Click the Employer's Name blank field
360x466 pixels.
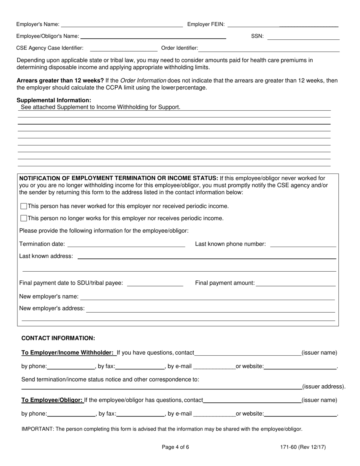pos(122,25)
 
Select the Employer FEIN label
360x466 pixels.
pos(206,25)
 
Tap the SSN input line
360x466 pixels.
pos(303,37)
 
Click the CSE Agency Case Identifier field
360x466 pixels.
pos(123,48)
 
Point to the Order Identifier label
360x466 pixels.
pos(180,48)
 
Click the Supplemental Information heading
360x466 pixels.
pos(54,100)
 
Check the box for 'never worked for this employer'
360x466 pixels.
pos(23,206)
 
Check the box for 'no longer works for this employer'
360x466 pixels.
pos(23,218)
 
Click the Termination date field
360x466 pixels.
pos(126,244)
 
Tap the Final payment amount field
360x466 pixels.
pos(296,283)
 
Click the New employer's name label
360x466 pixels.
pos(49,296)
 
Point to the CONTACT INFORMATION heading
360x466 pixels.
pos(58,338)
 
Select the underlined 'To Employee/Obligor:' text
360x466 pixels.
pos(52,400)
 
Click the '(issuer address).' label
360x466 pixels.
pos(324,387)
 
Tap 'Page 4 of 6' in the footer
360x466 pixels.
pos(175,447)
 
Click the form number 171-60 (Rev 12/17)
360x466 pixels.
pos(303,447)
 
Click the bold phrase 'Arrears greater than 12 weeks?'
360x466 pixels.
pos(60,81)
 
